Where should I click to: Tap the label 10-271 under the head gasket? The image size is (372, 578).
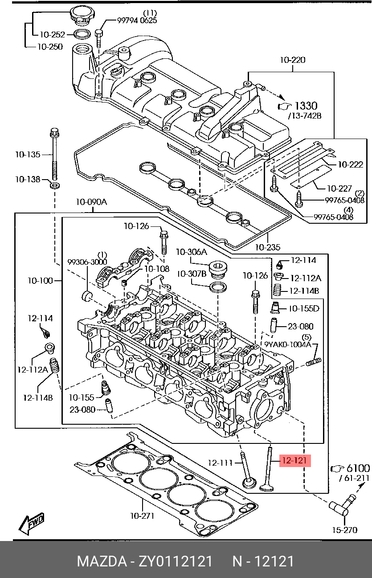click(142, 516)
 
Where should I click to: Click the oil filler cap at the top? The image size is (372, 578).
click(81, 17)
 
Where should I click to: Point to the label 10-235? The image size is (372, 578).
click(267, 246)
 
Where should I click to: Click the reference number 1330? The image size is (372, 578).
click(307, 106)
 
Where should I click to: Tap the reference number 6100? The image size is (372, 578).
click(358, 468)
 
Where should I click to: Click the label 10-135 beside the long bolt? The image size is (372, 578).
click(27, 155)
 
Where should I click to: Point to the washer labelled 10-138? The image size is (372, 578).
click(54, 185)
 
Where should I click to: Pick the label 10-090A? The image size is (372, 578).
click(91, 202)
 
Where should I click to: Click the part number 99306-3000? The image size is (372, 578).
click(87, 262)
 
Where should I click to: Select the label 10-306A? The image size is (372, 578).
click(192, 252)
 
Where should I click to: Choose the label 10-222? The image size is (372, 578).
click(351, 165)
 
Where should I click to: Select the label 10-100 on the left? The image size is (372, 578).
click(40, 281)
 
